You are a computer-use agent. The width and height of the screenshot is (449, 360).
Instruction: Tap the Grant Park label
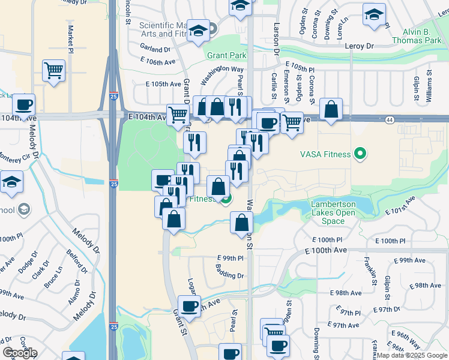point(227,56)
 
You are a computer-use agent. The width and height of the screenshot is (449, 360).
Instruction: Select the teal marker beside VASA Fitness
point(360,154)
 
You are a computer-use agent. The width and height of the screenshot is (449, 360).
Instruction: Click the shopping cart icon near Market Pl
point(53,71)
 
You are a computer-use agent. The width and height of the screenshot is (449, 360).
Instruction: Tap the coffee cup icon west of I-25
point(23,105)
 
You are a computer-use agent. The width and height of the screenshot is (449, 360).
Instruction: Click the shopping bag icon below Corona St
point(331,109)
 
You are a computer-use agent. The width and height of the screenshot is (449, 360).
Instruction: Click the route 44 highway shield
point(390,121)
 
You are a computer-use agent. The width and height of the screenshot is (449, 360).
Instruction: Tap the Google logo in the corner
point(20,353)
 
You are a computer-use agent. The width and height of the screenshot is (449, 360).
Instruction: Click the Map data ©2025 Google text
point(412,355)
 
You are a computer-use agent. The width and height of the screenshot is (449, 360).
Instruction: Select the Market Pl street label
point(70,37)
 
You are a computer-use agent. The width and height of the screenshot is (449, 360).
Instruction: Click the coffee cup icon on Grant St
point(190,306)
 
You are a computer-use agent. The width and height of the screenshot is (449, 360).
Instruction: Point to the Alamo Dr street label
point(74,292)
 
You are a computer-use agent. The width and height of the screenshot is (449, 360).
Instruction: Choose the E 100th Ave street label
point(325,250)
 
